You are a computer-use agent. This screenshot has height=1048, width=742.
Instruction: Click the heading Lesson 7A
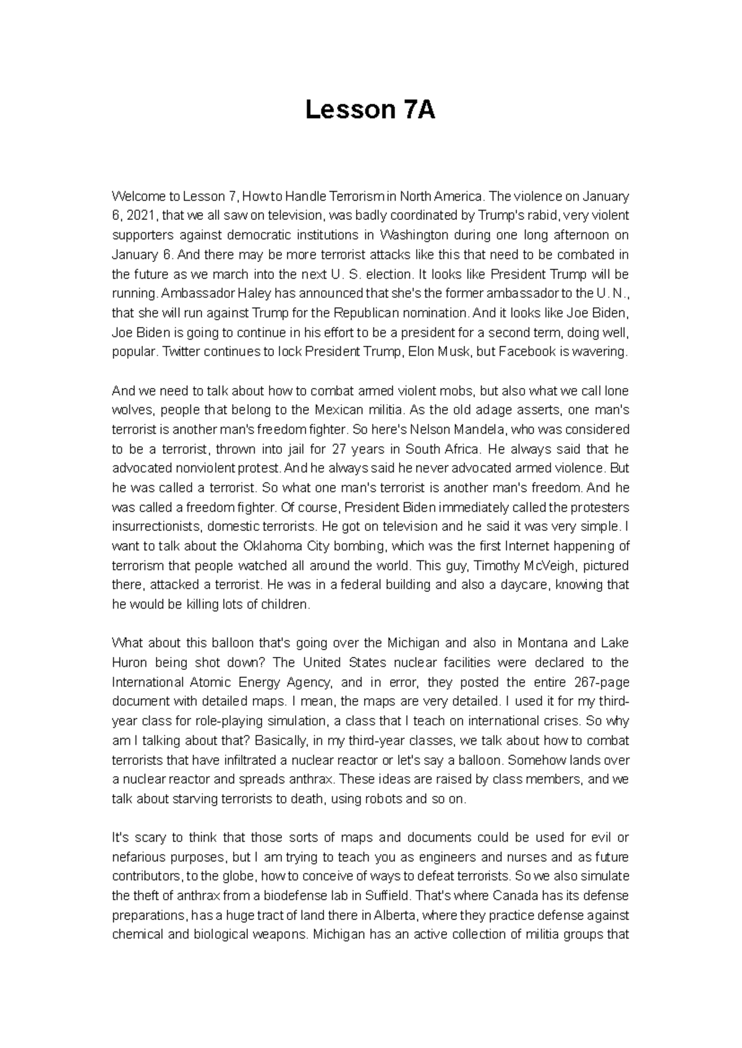tap(370, 111)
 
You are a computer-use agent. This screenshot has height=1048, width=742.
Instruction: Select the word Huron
tap(129, 663)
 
